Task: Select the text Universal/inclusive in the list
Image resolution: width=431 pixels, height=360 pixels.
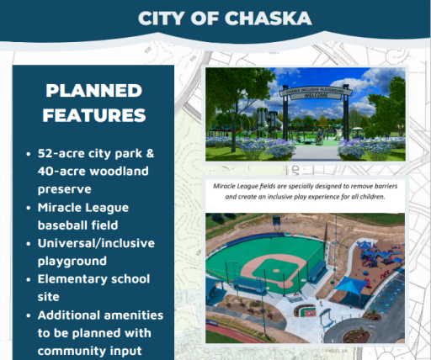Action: coord(95,243)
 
